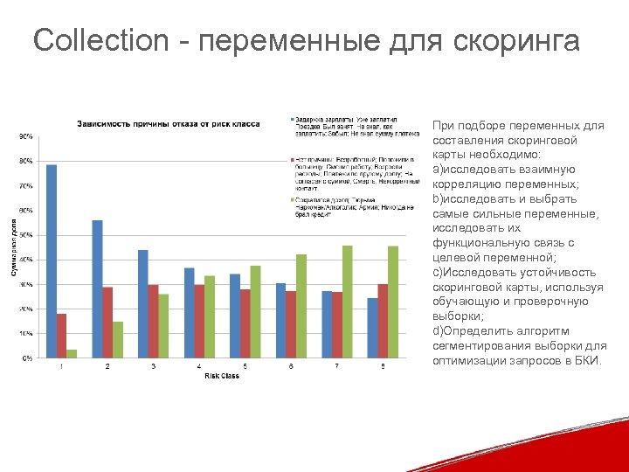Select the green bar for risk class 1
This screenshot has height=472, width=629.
tap(72, 353)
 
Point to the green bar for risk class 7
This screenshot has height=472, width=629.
tap(348, 302)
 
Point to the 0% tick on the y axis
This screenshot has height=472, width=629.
tap(27, 357)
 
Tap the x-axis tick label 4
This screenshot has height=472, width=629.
tap(199, 366)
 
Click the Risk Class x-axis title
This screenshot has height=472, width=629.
tap(221, 376)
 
